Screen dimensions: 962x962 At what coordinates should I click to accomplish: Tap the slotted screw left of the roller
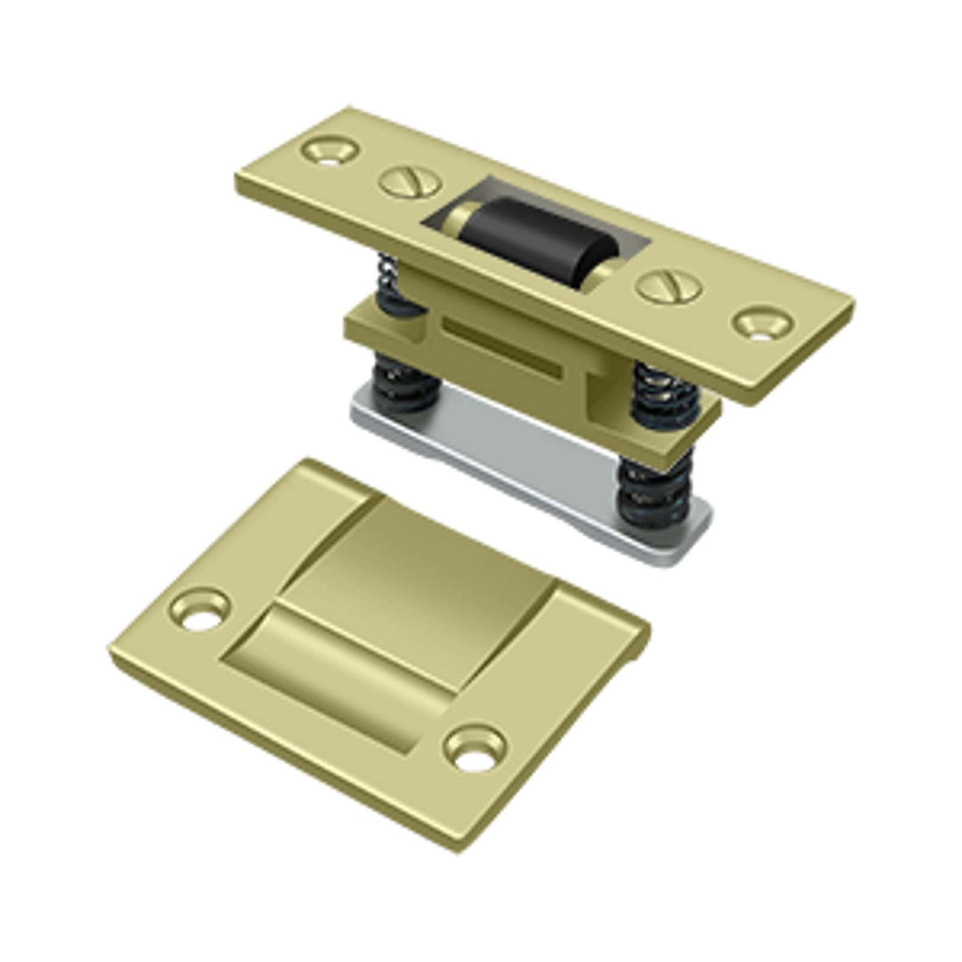(411, 183)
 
